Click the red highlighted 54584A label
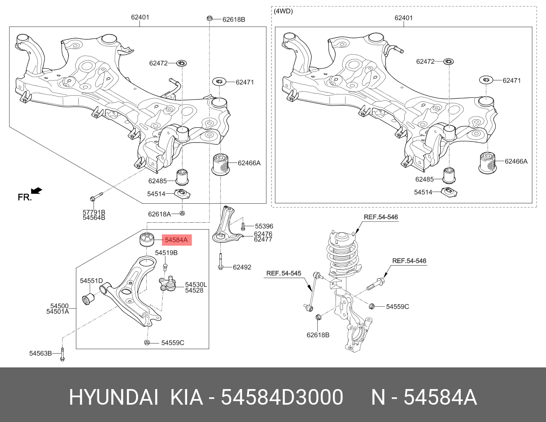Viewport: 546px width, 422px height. (x=176, y=240)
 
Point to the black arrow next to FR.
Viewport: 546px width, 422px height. (x=37, y=190)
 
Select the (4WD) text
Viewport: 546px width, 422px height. (x=284, y=11)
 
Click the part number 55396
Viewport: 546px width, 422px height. (x=264, y=226)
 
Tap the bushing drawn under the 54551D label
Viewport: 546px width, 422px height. (x=89, y=299)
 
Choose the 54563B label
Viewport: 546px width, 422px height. (x=40, y=353)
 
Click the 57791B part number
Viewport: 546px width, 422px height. (x=94, y=212)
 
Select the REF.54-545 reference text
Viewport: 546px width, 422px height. (x=284, y=273)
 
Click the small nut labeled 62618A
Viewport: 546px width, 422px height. (x=183, y=213)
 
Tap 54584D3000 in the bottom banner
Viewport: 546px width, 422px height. (x=282, y=397)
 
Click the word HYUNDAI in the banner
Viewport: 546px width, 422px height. (x=113, y=397)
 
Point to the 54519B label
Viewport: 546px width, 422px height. (x=166, y=253)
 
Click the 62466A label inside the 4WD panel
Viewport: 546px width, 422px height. (x=516, y=161)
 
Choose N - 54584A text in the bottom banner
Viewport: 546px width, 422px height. (x=424, y=397)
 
